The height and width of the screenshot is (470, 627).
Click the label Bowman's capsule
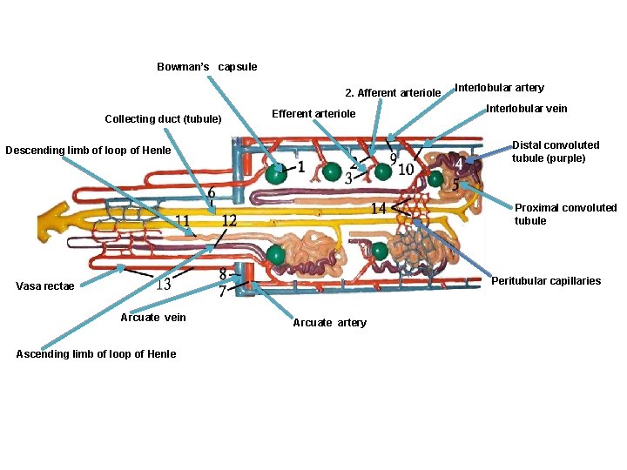coord(206,67)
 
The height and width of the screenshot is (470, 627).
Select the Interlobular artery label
coord(500,88)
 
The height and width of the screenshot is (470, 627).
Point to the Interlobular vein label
coord(526,109)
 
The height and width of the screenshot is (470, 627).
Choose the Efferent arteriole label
coord(314,114)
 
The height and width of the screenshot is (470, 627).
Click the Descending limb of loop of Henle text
coord(88,151)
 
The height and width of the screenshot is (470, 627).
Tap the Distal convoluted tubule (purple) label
coord(556,151)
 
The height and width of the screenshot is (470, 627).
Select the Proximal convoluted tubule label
coord(565,214)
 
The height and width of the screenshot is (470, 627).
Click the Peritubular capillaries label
coord(546,281)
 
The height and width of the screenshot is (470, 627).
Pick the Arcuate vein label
coord(153,318)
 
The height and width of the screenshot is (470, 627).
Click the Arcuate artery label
coord(329,323)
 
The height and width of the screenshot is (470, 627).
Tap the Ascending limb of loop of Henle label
coord(96,353)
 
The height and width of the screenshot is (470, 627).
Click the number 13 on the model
coord(163,285)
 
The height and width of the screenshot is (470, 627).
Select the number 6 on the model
coord(211,191)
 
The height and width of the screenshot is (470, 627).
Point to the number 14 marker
coord(379,208)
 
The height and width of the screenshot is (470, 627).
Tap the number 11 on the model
coord(183,220)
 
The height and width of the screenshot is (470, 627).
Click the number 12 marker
coord(228,221)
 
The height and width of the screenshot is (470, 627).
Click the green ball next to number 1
coord(277,173)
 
